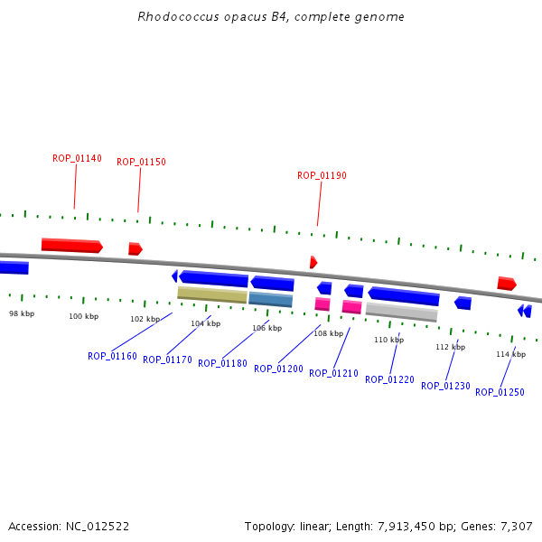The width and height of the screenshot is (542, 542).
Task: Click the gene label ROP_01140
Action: point(77,158)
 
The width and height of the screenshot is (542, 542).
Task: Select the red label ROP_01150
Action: point(141,163)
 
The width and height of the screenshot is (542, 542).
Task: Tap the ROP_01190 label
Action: point(322,175)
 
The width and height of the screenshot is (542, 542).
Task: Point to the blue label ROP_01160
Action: point(112,356)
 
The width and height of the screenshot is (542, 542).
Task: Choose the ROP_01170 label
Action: point(167,360)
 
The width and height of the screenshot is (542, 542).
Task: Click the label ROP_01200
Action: point(278,369)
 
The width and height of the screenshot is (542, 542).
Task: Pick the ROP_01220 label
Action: point(389,379)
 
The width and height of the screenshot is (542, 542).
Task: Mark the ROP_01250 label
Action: point(500,392)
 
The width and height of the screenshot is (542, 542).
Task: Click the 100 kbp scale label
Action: point(83,316)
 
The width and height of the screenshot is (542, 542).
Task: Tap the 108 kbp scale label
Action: point(328,333)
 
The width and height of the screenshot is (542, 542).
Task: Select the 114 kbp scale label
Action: point(510,354)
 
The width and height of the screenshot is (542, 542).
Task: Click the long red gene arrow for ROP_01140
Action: point(71,246)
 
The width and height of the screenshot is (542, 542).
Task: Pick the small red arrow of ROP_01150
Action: point(135,248)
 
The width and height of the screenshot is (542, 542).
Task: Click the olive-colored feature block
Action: point(212,294)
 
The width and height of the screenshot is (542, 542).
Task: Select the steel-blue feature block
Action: point(271,299)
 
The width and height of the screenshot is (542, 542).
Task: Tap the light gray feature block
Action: point(401,312)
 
